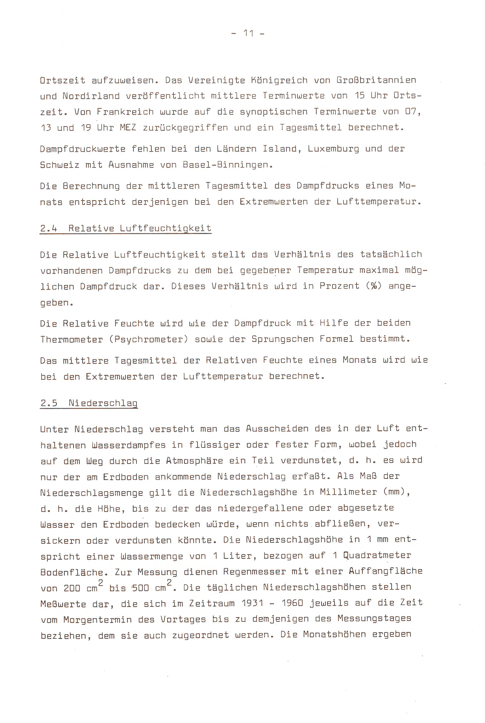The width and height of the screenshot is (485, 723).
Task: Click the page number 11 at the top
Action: [x=248, y=33]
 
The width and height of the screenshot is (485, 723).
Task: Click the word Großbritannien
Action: [x=376, y=81]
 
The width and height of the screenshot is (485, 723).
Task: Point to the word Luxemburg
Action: [x=333, y=149]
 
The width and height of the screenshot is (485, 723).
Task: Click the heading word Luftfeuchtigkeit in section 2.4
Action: [x=165, y=229]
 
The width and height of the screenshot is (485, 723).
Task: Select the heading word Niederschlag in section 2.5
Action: [x=103, y=403]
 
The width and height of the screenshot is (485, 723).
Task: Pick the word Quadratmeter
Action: [x=377, y=556]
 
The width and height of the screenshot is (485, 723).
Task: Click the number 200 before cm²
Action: [x=72, y=588]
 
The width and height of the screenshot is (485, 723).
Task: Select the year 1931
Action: [x=252, y=603]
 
